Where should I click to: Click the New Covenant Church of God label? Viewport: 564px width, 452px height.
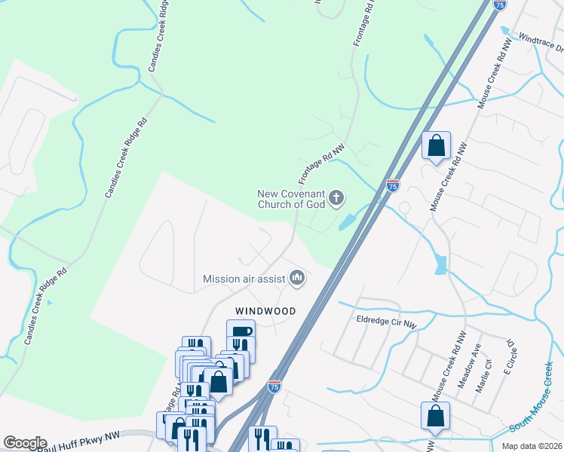click(x=291, y=199)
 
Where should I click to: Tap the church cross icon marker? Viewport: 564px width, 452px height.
click(x=336, y=199)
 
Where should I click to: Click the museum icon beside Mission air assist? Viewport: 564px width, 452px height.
click(x=297, y=279)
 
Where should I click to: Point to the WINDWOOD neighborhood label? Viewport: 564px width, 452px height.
click(x=265, y=310)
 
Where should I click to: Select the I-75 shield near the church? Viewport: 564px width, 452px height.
click(x=392, y=185)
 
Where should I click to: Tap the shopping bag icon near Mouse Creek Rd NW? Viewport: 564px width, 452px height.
click(x=437, y=146)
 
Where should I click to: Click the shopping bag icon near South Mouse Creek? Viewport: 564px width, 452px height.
click(x=436, y=415)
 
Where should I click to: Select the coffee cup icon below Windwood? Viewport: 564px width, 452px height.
click(x=241, y=332)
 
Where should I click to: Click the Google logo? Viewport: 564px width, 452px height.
click(x=25, y=443)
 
